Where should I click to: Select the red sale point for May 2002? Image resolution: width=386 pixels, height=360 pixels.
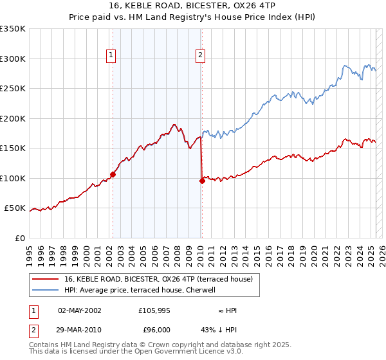(x=113, y=174)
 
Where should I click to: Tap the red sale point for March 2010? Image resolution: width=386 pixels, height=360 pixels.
(x=202, y=181)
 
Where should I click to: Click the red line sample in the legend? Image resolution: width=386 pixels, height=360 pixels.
(x=45, y=279)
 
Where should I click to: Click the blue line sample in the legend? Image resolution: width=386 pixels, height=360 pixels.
(x=45, y=290)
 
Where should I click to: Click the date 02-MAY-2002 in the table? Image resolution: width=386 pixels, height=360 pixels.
(x=80, y=310)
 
